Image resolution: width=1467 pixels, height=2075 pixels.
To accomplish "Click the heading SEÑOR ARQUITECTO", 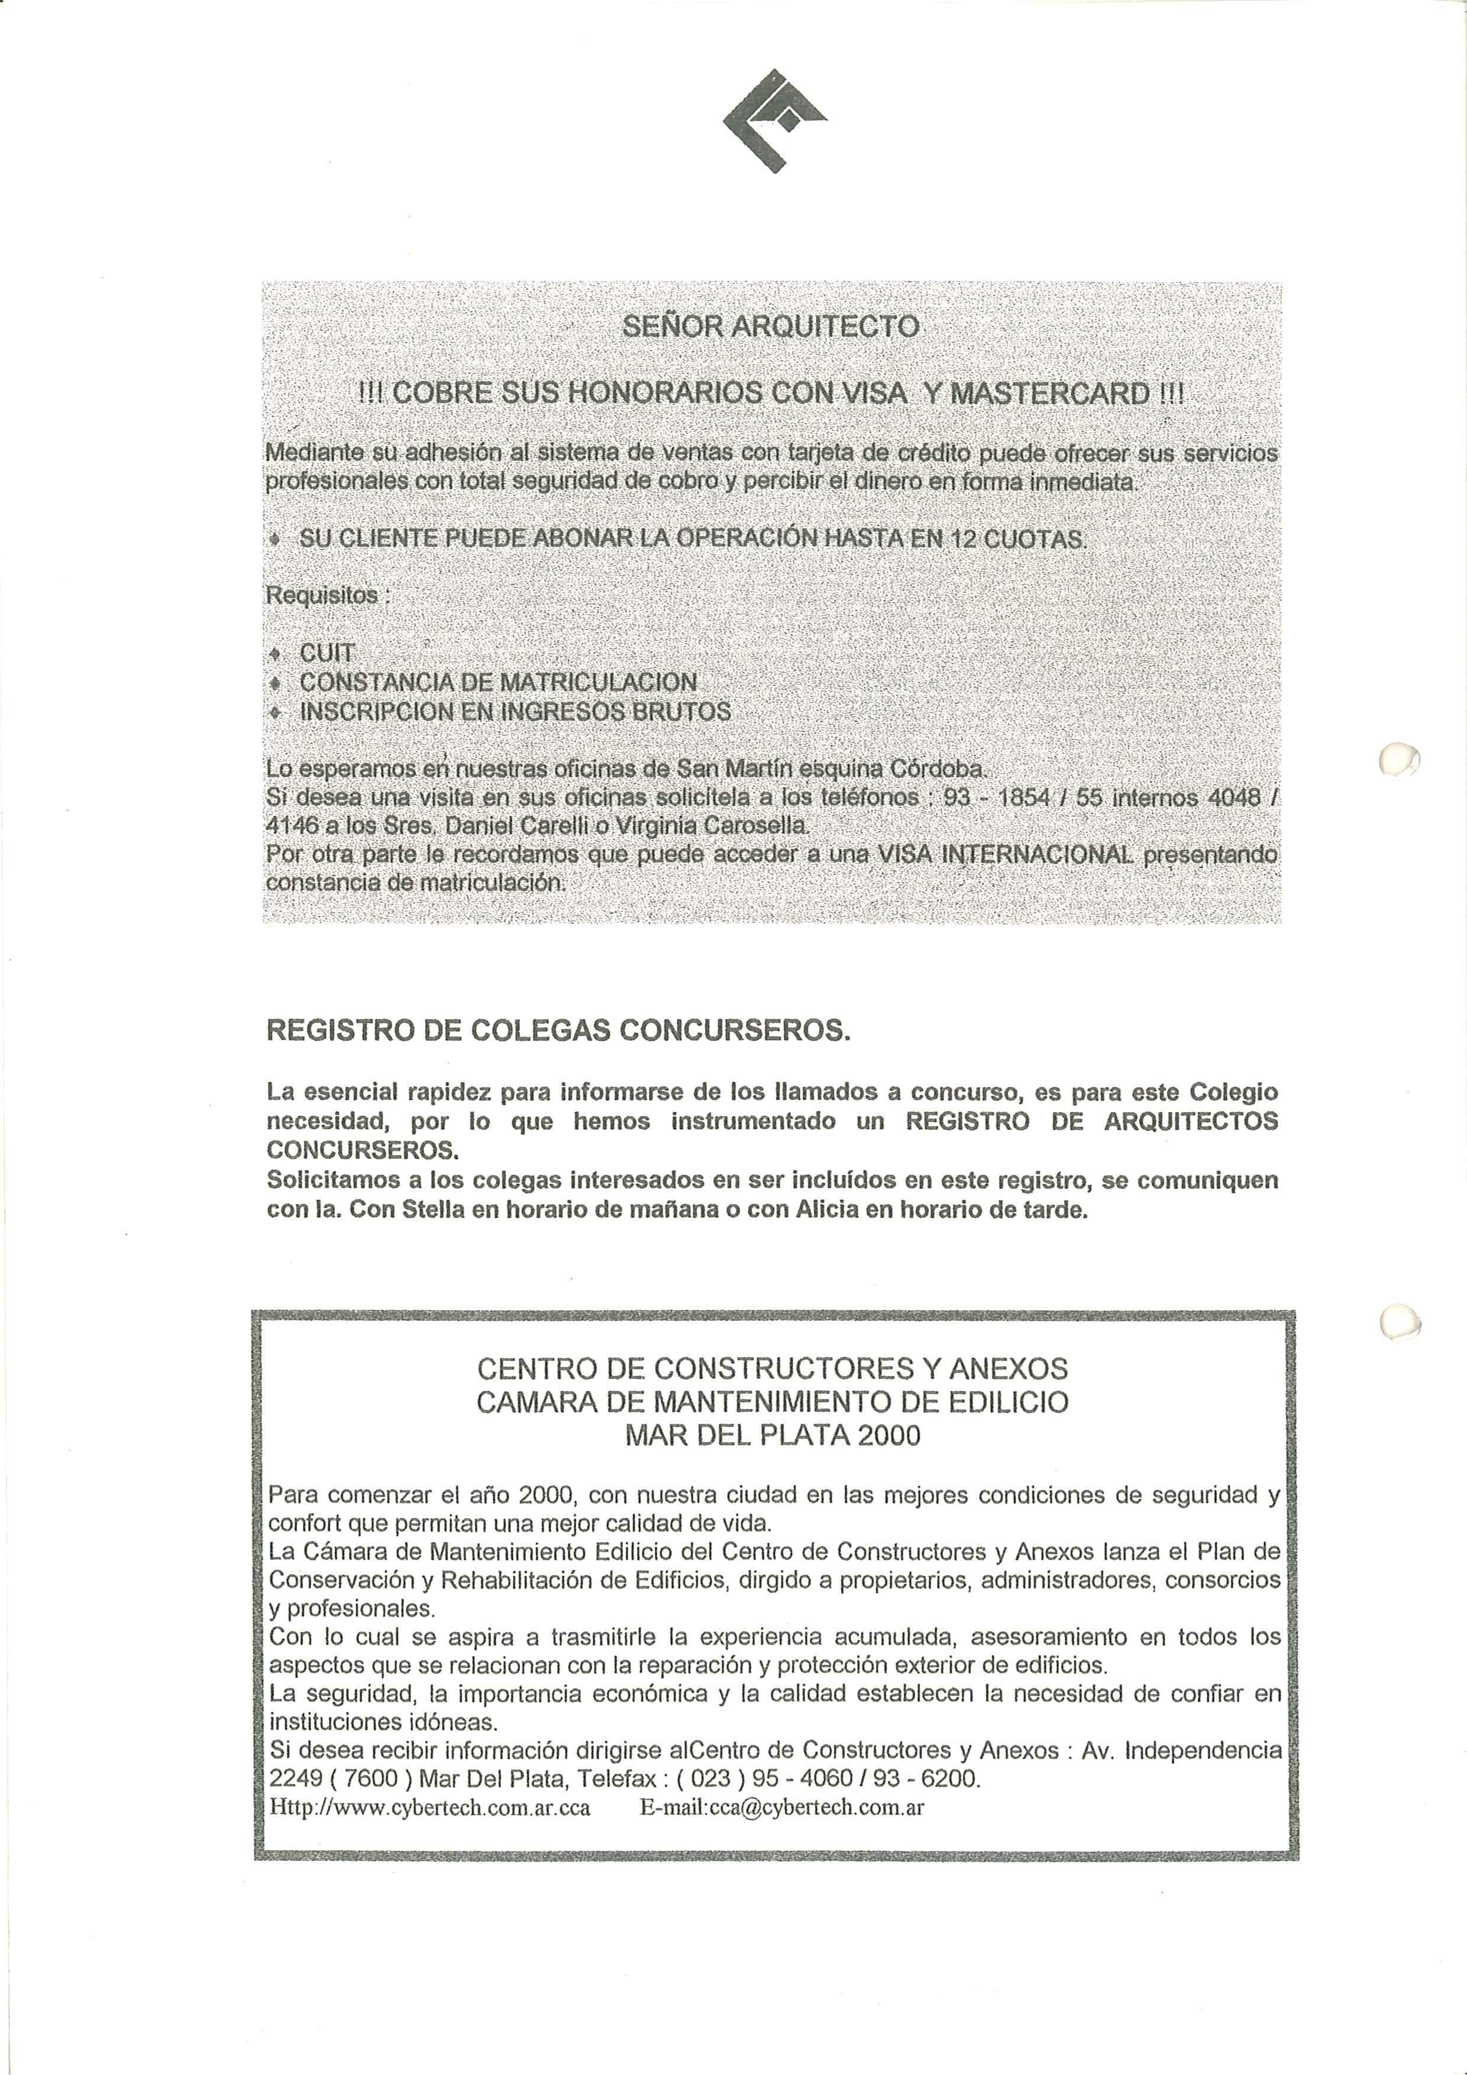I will (x=771, y=327).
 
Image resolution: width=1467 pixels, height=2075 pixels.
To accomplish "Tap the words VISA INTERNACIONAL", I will (x=1005, y=854).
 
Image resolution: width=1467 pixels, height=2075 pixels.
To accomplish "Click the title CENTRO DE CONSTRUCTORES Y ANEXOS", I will (x=772, y=1368).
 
